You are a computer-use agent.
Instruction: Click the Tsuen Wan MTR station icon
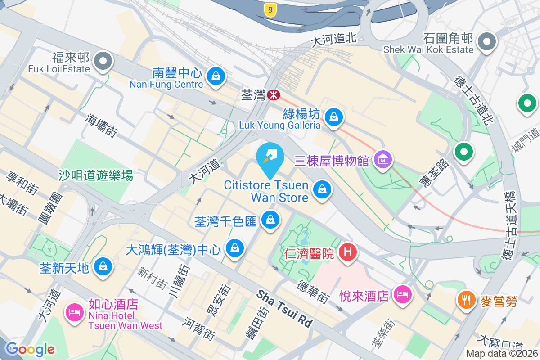(x=273, y=95)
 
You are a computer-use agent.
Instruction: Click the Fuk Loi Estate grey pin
(x=103, y=61)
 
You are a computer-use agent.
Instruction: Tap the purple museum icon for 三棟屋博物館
(x=383, y=159)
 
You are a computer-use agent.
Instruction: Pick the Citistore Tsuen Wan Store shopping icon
(x=322, y=189)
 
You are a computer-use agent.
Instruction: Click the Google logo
(x=30, y=349)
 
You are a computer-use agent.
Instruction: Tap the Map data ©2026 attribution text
(x=502, y=353)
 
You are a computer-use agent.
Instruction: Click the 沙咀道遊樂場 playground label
(x=96, y=175)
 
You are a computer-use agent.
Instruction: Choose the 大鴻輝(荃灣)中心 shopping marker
(x=234, y=247)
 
